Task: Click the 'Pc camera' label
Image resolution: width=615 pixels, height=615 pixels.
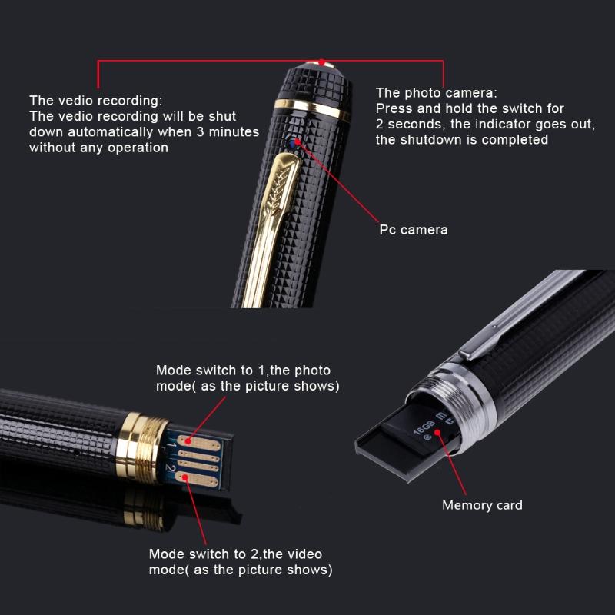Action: pyautogui.click(x=413, y=230)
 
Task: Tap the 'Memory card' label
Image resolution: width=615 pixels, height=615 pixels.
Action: pyautogui.click(x=482, y=505)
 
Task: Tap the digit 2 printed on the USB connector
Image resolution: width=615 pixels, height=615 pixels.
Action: pyautogui.click(x=171, y=467)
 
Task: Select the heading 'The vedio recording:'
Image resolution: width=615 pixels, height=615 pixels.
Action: pyautogui.click(x=96, y=100)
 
